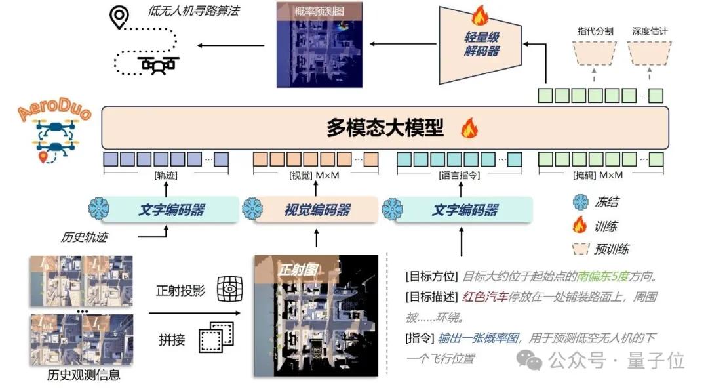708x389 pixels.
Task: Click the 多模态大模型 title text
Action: point(385,129)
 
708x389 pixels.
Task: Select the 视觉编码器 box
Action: point(317,210)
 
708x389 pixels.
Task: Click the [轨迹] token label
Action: point(165,176)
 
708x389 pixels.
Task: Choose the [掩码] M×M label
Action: point(600,176)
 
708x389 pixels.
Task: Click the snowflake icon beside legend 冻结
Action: point(580,203)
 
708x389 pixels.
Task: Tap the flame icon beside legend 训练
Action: point(580,226)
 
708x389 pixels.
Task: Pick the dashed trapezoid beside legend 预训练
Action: point(580,249)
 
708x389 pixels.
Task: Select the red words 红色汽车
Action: point(485,297)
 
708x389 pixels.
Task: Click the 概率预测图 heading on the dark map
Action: point(319,11)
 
